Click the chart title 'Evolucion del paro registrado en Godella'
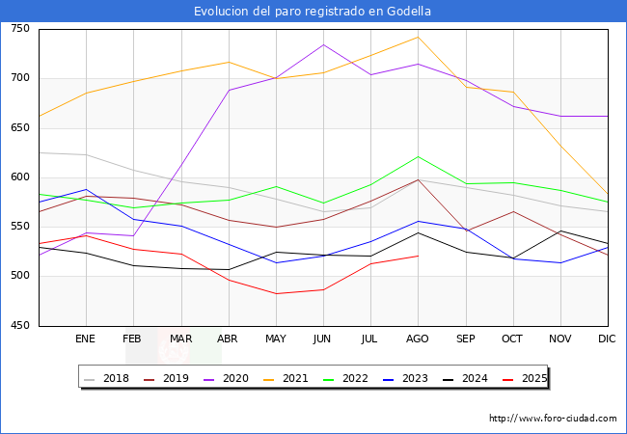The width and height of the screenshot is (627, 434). click(x=313, y=12)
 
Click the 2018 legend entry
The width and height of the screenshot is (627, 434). click(x=108, y=378)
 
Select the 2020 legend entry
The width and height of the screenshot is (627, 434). click(x=228, y=378)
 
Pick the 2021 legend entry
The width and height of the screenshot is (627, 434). click(x=286, y=378)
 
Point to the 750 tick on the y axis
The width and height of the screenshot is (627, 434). click(x=19, y=29)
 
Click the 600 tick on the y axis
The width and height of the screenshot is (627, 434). click(x=19, y=177)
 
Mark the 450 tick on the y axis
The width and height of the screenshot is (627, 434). click(x=19, y=326)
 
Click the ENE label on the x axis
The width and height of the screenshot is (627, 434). click(x=85, y=339)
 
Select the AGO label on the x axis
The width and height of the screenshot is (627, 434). click(x=418, y=339)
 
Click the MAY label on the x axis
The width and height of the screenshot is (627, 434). click(x=275, y=339)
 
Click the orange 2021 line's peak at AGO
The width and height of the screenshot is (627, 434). click(x=418, y=38)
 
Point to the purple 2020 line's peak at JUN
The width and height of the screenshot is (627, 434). click(x=323, y=44)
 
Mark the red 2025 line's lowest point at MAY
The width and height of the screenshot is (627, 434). click(x=276, y=293)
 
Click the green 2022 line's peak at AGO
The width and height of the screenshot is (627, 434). click(x=418, y=156)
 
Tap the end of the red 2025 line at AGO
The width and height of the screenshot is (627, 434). click(x=418, y=256)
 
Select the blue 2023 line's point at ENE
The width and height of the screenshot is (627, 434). click(x=86, y=189)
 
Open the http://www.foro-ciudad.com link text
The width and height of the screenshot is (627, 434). click(x=553, y=419)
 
